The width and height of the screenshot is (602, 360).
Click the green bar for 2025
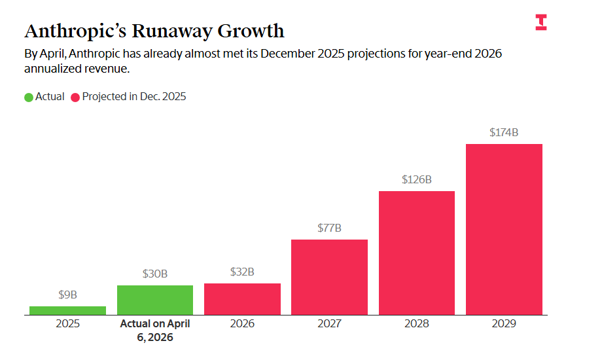tap(67, 310)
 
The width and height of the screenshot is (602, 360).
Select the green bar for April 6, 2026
tap(155, 300)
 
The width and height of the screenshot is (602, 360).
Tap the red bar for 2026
tap(242, 298)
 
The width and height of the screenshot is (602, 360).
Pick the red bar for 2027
tap(329, 277)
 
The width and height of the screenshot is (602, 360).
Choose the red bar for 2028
tap(417, 253)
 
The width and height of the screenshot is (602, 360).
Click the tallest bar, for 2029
tap(504, 229)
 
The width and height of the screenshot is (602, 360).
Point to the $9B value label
tap(67, 295)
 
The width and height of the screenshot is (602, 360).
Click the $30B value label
tap(155, 274)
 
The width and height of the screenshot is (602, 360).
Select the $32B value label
tap(242, 272)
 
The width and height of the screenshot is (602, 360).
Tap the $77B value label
tap(329, 228)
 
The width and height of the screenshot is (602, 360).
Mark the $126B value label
tap(417, 179)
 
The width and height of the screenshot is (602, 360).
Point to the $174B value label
tap(504, 132)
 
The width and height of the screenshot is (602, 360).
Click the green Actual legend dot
tap(29, 97)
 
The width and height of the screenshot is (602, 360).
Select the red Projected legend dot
tap(75, 97)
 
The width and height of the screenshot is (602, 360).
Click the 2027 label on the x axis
tap(329, 324)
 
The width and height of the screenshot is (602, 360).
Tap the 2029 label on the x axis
tap(504, 324)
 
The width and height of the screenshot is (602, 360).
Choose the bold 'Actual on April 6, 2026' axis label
tap(155, 331)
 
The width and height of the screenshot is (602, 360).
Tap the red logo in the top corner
tap(541, 22)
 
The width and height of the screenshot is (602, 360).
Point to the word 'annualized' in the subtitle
tap(52, 69)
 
